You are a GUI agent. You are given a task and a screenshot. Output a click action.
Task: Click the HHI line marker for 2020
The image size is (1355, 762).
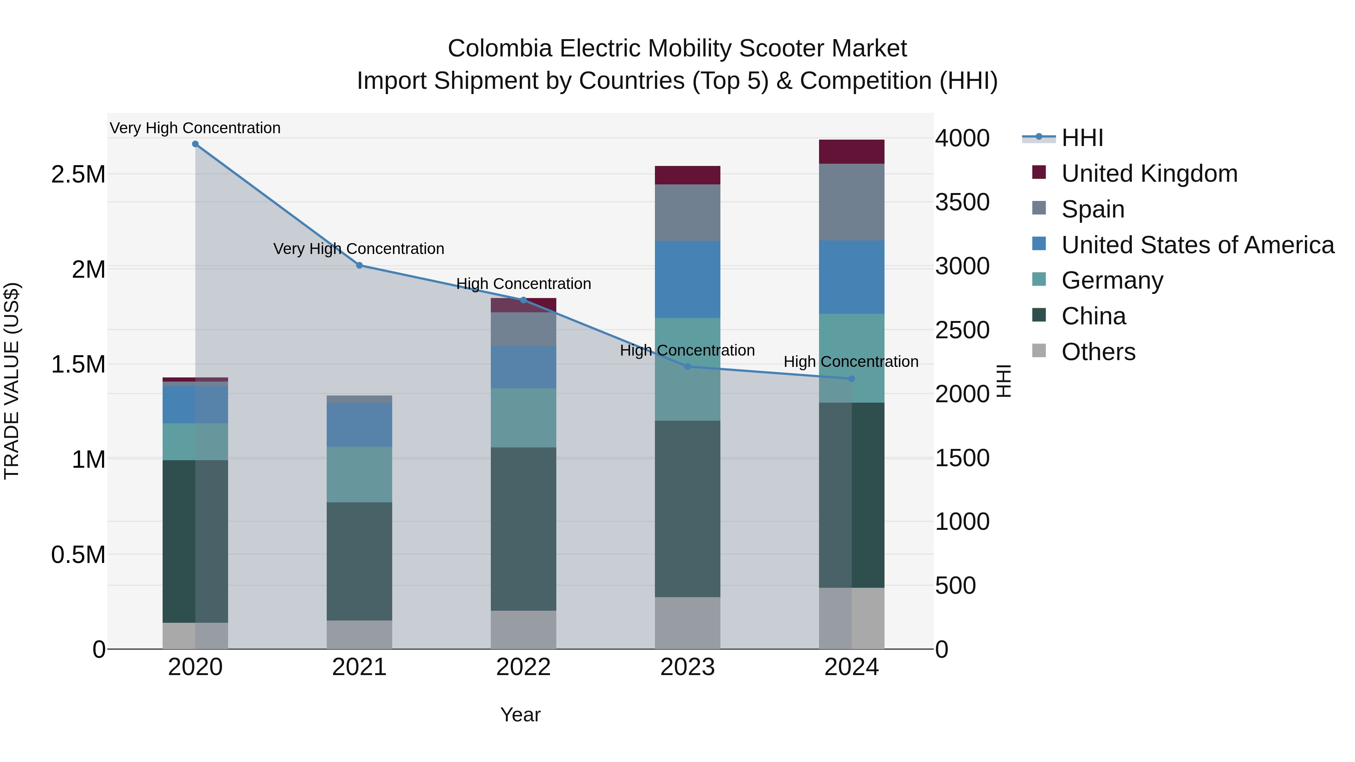[195, 144]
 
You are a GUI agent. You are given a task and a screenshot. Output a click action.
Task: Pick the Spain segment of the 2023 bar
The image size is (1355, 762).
[688, 213]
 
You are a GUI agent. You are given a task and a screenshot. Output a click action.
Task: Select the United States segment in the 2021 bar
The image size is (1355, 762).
[359, 425]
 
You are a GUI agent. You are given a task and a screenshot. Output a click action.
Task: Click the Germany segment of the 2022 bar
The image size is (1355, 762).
[524, 418]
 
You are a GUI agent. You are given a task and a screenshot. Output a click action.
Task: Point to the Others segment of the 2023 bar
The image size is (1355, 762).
[688, 623]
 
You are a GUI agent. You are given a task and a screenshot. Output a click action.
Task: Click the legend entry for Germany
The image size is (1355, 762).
[1112, 281]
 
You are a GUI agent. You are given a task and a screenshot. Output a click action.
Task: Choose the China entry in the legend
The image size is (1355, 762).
[1093, 316]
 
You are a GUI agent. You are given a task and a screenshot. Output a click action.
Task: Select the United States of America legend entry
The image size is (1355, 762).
[1197, 245]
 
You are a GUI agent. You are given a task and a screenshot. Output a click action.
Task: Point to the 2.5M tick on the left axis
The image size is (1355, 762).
[78, 175]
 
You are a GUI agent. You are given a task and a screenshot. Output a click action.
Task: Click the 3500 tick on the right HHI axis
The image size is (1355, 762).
[962, 202]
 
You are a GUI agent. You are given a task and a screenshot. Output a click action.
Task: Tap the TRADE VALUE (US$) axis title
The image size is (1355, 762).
[12, 381]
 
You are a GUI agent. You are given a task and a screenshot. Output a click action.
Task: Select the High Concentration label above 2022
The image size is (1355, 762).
[524, 284]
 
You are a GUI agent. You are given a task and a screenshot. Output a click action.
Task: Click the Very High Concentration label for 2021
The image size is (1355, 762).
[359, 249]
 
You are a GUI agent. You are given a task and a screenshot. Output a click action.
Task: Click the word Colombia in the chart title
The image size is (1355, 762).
[499, 49]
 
